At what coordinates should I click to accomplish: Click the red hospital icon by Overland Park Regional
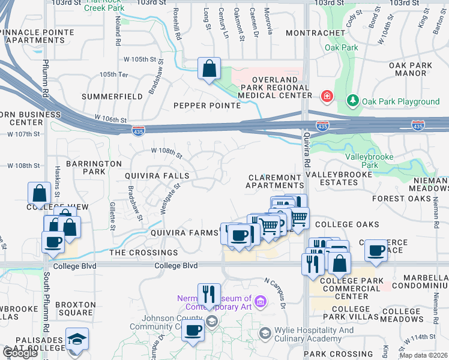327,96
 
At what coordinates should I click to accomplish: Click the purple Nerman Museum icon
260,301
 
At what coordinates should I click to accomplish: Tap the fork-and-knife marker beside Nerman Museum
208,295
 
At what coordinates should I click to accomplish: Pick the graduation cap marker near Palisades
77,339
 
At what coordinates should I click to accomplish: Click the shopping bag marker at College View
39,194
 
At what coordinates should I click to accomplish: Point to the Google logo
19,353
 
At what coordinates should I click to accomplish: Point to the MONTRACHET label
316,33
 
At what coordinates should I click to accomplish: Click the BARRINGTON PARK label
85,167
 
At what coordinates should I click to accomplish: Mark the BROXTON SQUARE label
75,308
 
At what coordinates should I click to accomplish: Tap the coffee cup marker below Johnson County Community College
193,330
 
